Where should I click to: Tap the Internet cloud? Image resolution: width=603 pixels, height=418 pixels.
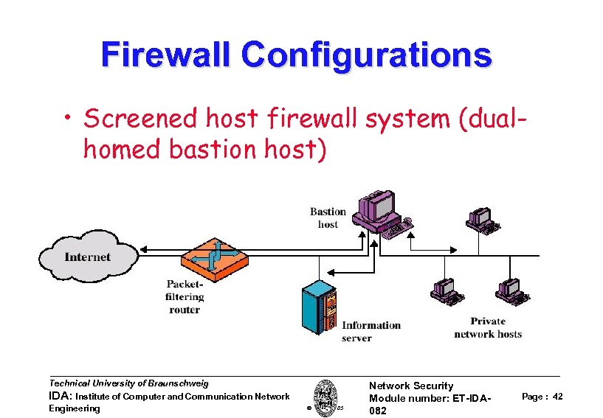pyautogui.click(x=87, y=257)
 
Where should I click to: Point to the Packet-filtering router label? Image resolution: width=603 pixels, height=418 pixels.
pyautogui.click(x=185, y=296)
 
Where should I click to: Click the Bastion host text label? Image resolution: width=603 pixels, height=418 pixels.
pyautogui.click(x=328, y=217)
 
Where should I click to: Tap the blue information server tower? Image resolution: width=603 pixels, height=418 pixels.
pyautogui.click(x=320, y=306)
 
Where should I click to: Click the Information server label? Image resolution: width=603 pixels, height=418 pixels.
pyautogui.click(x=371, y=331)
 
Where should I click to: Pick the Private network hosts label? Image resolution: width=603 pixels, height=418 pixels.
pyautogui.click(x=488, y=327)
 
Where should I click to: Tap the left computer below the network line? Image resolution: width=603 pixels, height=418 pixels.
pyautogui.click(x=446, y=291)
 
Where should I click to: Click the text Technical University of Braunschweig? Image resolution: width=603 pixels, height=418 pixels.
pyautogui.click(x=128, y=383)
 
